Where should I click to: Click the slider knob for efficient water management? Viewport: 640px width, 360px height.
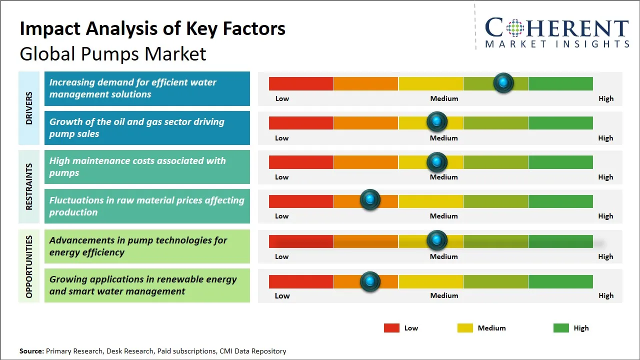[503, 83]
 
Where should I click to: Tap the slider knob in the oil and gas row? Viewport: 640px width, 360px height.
[437, 122]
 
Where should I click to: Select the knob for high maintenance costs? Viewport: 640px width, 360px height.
[437, 162]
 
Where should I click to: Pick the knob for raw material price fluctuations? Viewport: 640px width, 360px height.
[370, 200]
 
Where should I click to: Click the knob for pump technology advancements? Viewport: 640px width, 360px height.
[437, 240]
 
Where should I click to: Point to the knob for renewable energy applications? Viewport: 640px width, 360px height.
[370, 281]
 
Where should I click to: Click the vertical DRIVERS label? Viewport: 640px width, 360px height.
[29, 108]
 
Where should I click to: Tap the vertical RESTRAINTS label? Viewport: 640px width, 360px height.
[29, 186]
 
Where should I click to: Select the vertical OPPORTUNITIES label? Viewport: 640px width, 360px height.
[29, 266]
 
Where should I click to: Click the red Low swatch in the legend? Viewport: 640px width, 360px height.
[391, 328]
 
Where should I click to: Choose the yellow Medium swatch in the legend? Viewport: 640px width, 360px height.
[465, 328]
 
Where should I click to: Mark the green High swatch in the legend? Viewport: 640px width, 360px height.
[561, 328]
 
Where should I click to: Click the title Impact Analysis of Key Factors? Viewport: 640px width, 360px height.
[152, 29]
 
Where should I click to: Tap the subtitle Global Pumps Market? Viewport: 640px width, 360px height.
[112, 53]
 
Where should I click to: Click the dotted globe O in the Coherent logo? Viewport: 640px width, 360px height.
[515, 28]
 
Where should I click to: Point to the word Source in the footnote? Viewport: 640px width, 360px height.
[31, 351]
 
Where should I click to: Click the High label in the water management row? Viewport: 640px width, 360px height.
[605, 98]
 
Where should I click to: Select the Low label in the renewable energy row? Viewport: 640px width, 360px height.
[282, 295]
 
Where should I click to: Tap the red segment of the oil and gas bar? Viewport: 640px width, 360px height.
[301, 122]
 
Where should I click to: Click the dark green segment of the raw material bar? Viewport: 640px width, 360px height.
[560, 201]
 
